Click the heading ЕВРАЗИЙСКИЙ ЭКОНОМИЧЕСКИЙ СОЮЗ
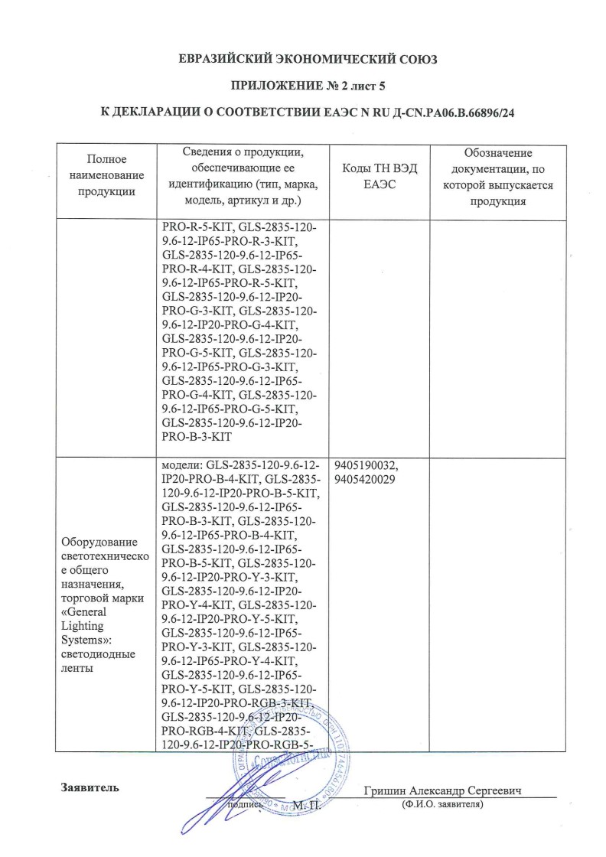(307, 59)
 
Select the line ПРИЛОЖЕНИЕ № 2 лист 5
(307, 86)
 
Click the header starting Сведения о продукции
(243, 176)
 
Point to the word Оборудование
(97, 543)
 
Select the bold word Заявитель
(90, 789)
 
